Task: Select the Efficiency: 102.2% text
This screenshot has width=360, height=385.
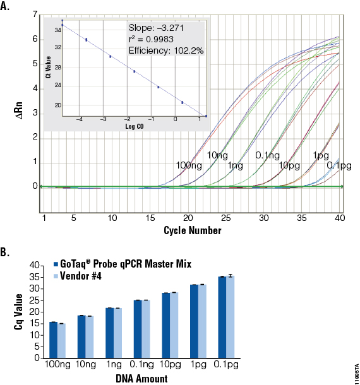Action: (166, 51)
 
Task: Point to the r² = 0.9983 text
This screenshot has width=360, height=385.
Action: (153, 40)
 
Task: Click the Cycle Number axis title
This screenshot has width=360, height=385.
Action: (192, 230)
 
